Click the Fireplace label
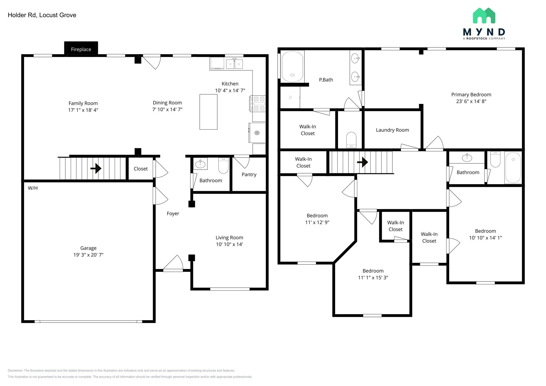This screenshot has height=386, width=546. tap(81, 49)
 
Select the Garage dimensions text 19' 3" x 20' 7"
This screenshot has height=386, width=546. tap(89, 255)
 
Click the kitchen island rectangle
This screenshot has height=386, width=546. tap(208, 112)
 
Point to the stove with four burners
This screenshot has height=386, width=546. tap(258, 103)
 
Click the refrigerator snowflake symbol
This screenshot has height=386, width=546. tap(257, 133)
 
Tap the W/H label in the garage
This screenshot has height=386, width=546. tap(33, 188)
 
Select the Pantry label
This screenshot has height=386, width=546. tap(249, 175)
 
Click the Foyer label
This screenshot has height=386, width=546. tap(173, 214)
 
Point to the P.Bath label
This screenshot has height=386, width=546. tap(326, 80)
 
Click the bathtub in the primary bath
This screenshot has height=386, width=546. tap(293, 67)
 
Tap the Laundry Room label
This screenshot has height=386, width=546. tap(392, 130)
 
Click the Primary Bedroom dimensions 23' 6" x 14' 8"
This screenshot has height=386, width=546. tap(471, 101)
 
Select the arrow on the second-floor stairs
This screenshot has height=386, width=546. tap(363, 162)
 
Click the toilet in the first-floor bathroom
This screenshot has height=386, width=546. tap(223, 166)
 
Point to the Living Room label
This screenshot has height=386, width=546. tap(229, 238)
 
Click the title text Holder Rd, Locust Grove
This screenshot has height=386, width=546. tap(42, 15)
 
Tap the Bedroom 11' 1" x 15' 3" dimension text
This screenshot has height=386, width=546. tap(373, 278)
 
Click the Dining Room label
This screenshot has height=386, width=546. tap(167, 103)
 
